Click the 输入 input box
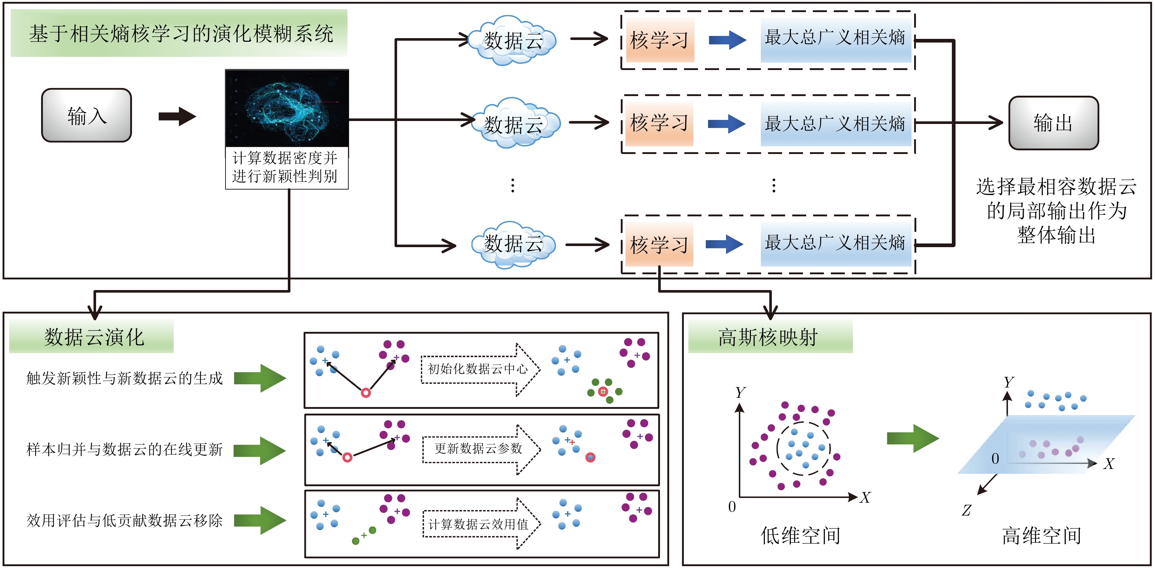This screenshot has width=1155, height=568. click(87, 115)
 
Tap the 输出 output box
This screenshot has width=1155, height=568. click(1053, 123)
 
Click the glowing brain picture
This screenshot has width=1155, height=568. click(287, 108)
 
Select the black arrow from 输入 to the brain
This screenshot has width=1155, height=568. click(177, 117)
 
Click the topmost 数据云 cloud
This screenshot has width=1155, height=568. click(513, 40)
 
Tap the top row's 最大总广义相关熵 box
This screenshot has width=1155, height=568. click(835, 38)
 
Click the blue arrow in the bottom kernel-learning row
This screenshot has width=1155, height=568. click(725, 244)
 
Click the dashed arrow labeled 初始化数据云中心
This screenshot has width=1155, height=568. click(480, 369)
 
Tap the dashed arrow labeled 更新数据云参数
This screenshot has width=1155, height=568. click(481, 449)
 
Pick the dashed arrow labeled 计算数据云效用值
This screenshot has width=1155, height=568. click(481, 524)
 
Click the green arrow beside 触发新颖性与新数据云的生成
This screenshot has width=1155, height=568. click(260, 378)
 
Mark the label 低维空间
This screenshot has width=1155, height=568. click(800, 535)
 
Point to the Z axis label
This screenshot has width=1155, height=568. click(967, 510)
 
